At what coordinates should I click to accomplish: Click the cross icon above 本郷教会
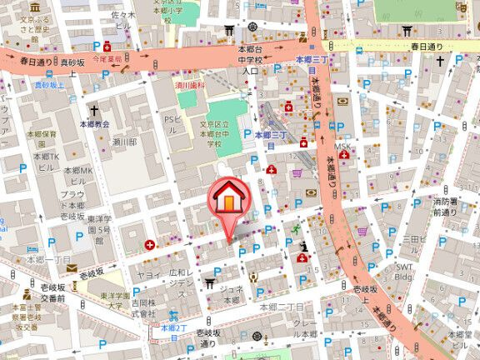coord(94,109)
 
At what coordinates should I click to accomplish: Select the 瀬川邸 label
coord(124,142)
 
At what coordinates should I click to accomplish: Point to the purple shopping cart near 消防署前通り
coord(362,232)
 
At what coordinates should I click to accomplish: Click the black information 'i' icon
coord(304,247)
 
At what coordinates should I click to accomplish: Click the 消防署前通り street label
coord(445,207)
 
